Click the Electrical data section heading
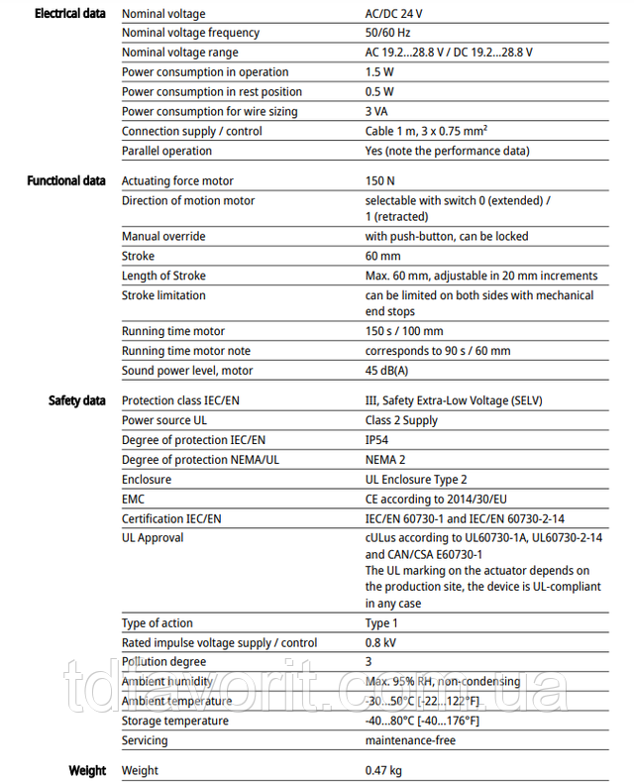click(69, 14)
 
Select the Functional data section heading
click(66, 180)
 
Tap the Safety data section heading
click(77, 400)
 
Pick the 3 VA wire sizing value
click(377, 111)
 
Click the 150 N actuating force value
click(380, 180)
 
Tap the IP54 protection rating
click(378, 440)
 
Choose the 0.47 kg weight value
click(384, 770)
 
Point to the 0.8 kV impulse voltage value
click(383, 642)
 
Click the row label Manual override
click(163, 236)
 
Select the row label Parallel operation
click(166, 151)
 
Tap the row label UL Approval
click(153, 537)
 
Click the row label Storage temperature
click(175, 721)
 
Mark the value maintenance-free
click(410, 740)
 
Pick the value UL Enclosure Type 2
click(416, 480)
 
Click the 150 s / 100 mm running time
click(404, 331)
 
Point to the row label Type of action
click(158, 622)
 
